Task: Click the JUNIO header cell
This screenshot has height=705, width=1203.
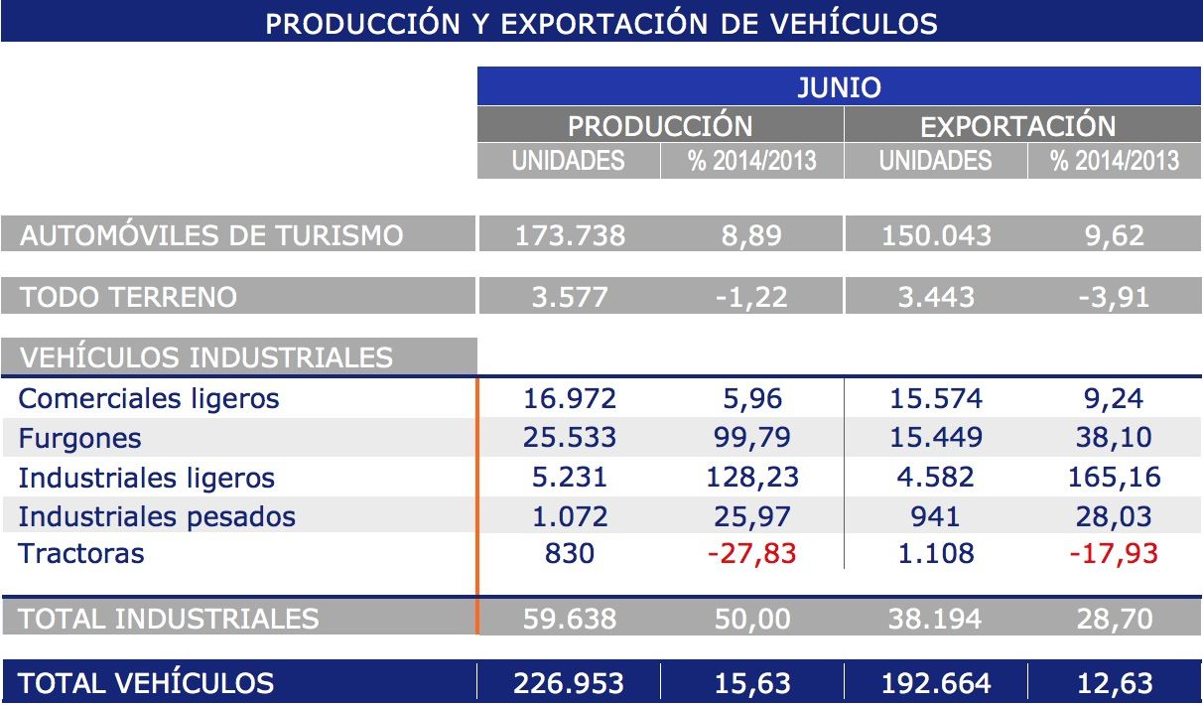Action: [x=839, y=86]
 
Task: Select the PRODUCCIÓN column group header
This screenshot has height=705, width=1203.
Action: [x=660, y=126]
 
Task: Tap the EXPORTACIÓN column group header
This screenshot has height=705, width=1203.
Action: [x=1017, y=126]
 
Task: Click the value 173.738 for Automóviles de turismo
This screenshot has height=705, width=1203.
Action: [x=570, y=235]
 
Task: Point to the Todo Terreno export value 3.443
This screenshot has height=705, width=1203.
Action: [x=935, y=296]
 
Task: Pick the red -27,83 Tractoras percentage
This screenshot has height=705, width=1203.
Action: [x=751, y=553]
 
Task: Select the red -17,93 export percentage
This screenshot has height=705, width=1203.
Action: [x=1114, y=553]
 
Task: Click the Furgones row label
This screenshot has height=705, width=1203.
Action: [x=79, y=438]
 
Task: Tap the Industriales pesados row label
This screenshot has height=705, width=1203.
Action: [x=157, y=516]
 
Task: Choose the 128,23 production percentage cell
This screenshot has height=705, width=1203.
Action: [x=751, y=477]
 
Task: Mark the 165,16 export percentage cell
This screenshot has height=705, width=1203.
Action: [x=1114, y=477]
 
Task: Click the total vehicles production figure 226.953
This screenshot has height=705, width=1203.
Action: [x=570, y=683]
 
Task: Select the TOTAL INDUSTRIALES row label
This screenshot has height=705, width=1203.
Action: [x=169, y=619]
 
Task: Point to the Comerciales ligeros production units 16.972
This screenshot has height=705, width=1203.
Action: [x=570, y=398]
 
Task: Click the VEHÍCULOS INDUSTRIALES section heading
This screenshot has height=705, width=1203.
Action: [x=206, y=357]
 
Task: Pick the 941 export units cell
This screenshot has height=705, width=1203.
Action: [x=935, y=516]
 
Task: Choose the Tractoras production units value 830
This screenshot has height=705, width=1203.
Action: [x=570, y=553]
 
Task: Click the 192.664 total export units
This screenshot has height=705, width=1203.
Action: [x=935, y=683]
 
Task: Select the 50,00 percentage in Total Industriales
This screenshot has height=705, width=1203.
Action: [x=751, y=619]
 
